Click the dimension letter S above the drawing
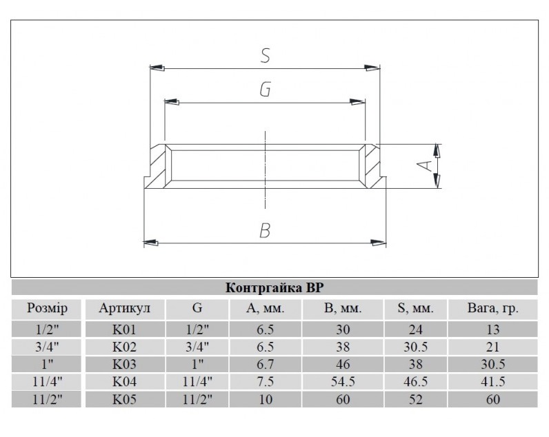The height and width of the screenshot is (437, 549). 266,56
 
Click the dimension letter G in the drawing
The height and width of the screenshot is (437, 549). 265,90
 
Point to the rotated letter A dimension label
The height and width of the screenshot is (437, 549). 426,165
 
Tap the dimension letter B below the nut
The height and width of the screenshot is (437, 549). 265,231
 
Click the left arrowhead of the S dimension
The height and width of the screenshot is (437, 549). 157,67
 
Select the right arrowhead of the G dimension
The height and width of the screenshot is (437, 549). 357,102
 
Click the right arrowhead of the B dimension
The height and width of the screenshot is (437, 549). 379,242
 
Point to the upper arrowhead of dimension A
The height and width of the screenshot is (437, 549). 437,151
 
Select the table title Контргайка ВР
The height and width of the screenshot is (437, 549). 274,287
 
